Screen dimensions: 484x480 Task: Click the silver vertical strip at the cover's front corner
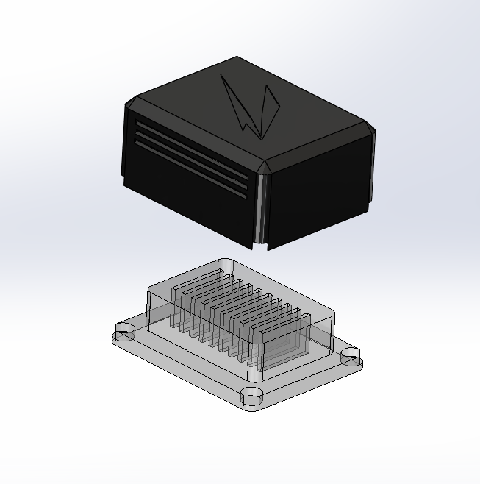258,210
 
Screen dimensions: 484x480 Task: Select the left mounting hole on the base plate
123,335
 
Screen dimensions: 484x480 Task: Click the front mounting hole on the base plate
252,397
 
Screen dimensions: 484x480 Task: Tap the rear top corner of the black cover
237,58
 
